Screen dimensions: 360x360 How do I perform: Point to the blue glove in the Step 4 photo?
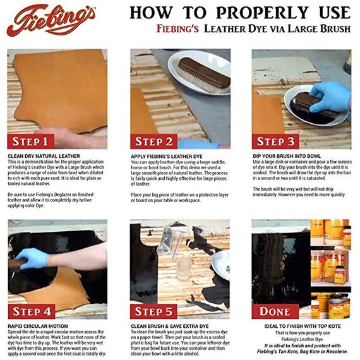31,258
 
